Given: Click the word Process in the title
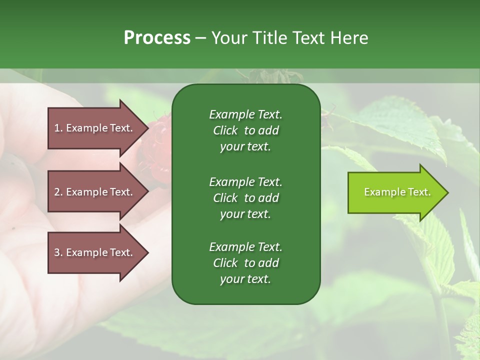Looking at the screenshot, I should pos(157,37).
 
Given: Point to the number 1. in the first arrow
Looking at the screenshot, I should pos(58,128).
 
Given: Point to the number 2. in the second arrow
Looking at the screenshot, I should pos(58,192).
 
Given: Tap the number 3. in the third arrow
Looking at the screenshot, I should pos(58,252).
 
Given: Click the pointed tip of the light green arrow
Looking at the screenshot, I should pos(446,192).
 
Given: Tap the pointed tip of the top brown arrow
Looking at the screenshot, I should pos(147,128).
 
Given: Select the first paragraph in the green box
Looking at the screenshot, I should pos(245,130).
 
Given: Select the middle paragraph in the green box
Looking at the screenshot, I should pos(245,197).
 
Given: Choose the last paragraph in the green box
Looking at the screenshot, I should pos(245,263).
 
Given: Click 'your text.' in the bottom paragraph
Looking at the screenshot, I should pos(245,279).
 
